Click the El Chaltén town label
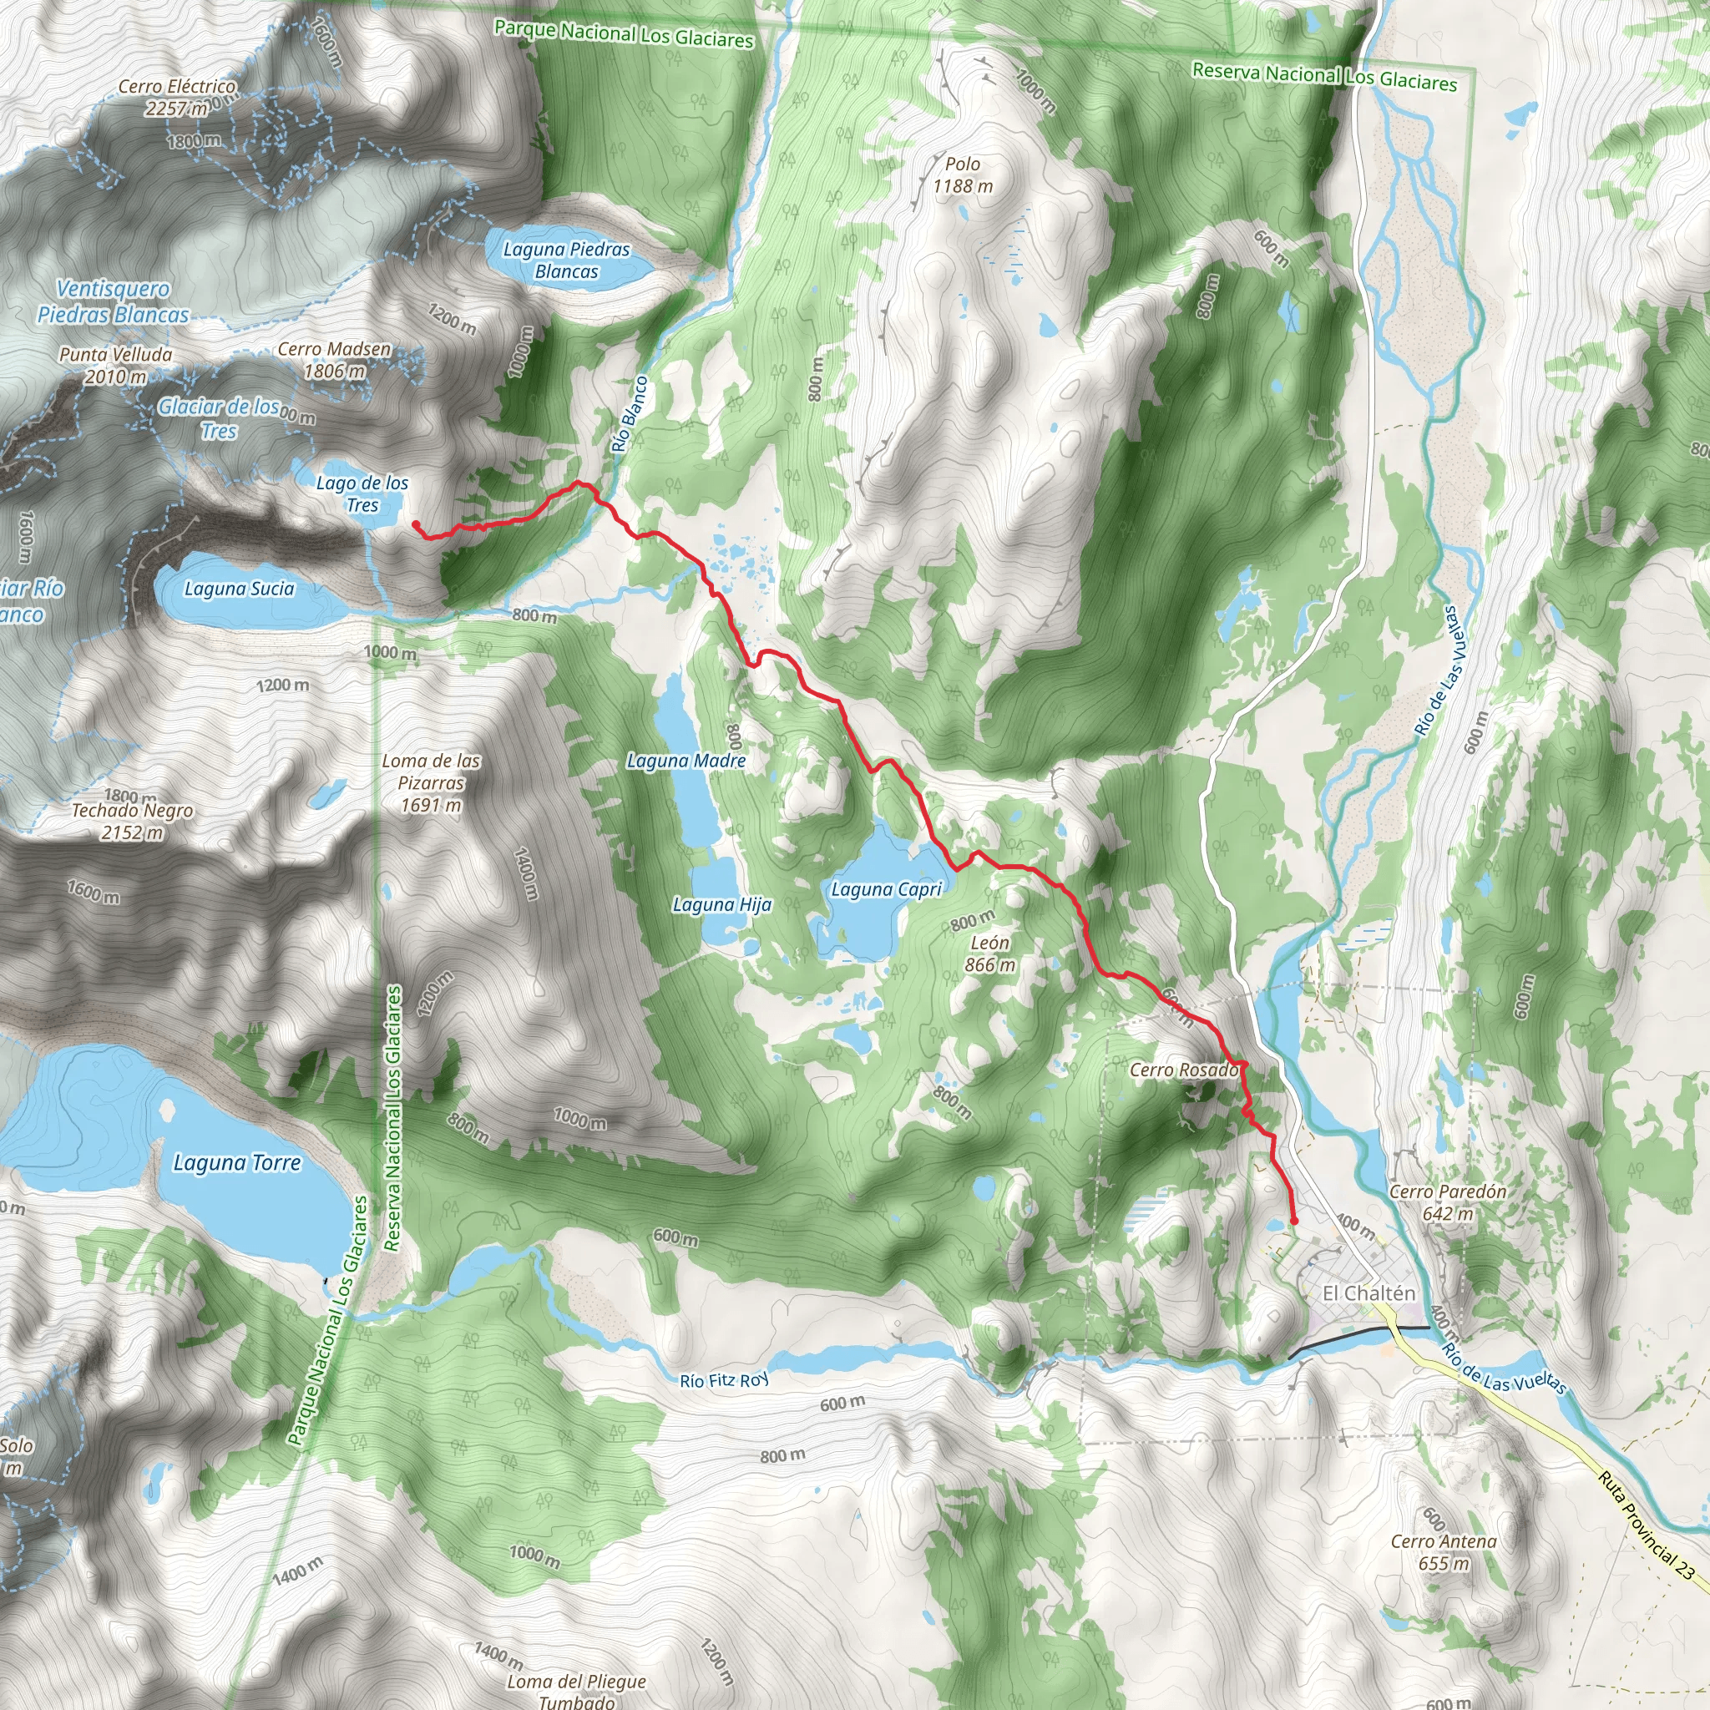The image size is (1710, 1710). (1369, 1293)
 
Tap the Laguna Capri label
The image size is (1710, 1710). (886, 889)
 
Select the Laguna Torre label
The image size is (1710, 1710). (236, 1162)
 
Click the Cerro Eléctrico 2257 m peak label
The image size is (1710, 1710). (177, 98)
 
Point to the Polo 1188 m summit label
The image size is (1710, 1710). (962, 175)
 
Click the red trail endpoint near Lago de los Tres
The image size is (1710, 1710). (416, 525)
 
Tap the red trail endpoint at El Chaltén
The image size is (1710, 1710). (1294, 1222)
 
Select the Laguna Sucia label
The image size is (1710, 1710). (239, 589)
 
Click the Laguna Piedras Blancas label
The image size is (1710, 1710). (566, 261)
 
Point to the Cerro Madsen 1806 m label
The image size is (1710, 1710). (335, 359)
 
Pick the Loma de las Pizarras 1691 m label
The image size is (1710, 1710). (431, 782)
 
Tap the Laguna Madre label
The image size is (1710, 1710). (686, 761)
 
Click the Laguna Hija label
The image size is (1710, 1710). (721, 904)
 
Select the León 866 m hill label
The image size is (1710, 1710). (989, 954)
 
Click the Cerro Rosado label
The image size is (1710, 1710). (1183, 1070)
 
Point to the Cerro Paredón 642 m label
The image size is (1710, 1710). (1447, 1202)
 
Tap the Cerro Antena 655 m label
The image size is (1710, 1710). (1444, 1551)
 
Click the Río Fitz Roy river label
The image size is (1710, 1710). (724, 1381)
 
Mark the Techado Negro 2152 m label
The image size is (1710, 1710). (132, 821)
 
